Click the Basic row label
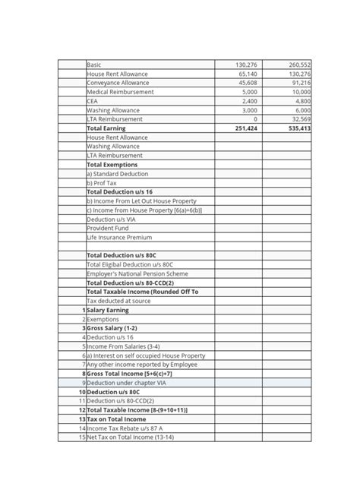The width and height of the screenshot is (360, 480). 95,65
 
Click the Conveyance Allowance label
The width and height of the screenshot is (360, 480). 118,83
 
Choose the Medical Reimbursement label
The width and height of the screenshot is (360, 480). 120,92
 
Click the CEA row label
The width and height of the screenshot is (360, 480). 93,101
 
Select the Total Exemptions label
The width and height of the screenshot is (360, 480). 112,165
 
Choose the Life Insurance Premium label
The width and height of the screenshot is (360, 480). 119,238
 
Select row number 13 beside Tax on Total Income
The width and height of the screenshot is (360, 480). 81,419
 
